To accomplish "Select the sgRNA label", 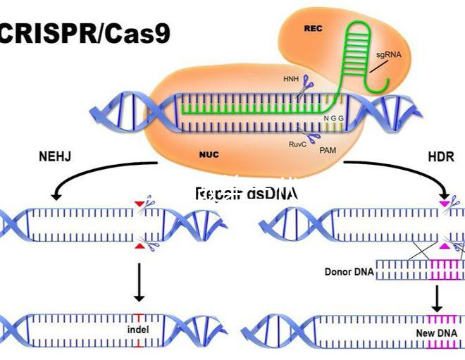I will [x=396, y=53].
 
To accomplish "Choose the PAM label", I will [x=328, y=150].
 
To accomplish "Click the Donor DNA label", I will [x=348, y=271].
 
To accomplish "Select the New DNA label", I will [x=435, y=332].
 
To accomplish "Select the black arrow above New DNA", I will [x=437, y=298].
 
